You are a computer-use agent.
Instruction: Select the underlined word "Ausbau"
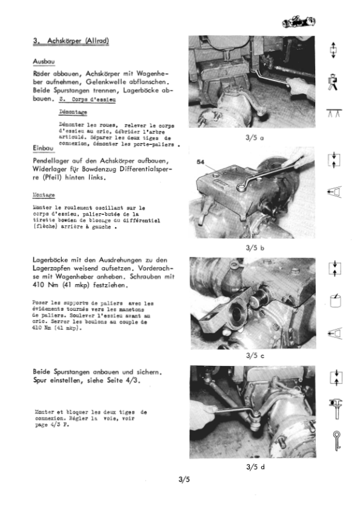[x=44, y=62]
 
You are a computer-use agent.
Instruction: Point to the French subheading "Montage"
[x=44, y=195]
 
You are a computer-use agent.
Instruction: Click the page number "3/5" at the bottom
[x=184, y=481]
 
